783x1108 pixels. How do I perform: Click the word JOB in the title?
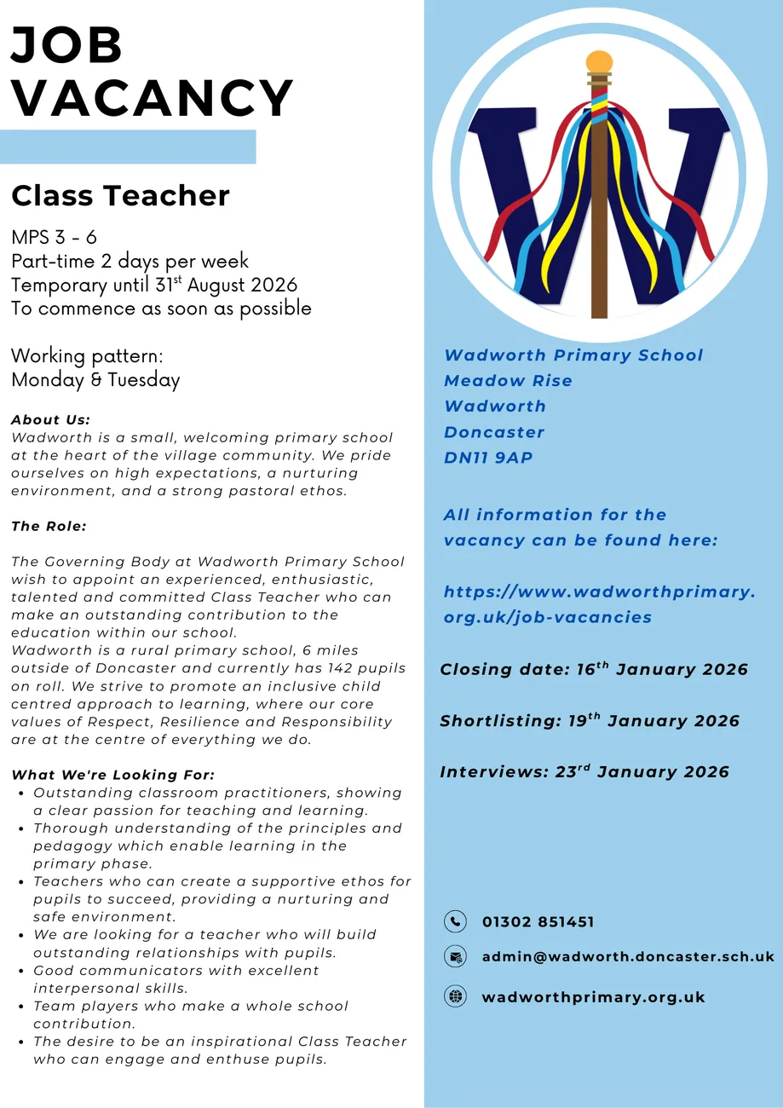click(67, 46)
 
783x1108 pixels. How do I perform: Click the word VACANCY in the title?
click(153, 99)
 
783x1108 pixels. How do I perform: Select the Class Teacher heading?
click(120, 196)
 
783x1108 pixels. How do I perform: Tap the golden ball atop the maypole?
click(599, 62)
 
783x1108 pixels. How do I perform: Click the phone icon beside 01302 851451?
click(456, 921)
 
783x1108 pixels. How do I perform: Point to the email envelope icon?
click(456, 956)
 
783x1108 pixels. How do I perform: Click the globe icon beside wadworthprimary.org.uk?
click(456, 996)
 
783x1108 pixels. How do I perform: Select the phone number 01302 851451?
click(538, 922)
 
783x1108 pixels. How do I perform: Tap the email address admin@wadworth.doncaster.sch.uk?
click(628, 956)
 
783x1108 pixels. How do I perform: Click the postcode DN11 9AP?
click(488, 458)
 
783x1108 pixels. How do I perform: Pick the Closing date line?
click(594, 670)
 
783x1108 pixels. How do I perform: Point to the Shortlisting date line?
click(590, 721)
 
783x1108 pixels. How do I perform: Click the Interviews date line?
click(584, 772)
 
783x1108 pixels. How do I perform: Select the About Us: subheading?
click(51, 419)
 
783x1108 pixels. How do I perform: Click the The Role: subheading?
click(49, 526)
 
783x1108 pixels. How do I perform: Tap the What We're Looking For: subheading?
click(112, 775)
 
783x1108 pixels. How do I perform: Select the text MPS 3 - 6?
click(54, 237)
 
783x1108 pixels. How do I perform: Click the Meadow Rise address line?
click(508, 381)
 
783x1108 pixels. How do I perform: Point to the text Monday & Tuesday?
click(95, 379)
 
